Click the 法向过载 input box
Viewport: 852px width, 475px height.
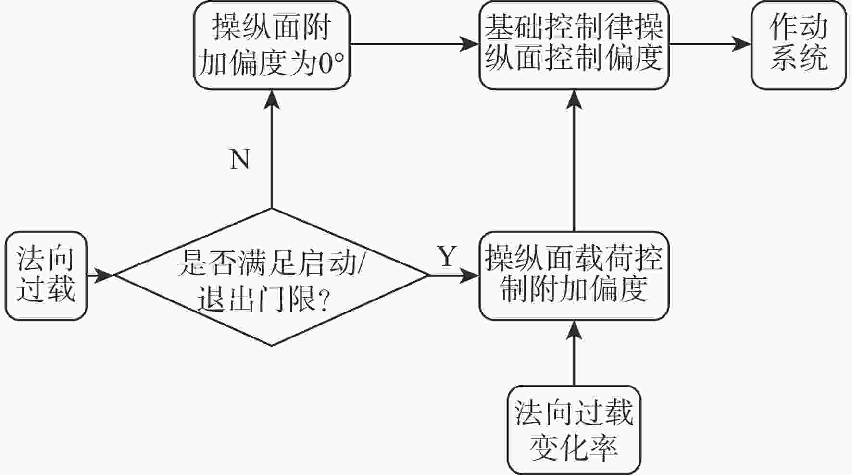[x=46, y=275]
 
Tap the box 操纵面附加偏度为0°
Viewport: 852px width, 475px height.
[x=272, y=45]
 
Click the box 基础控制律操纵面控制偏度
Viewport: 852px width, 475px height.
[x=574, y=45]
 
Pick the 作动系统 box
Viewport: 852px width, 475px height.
[x=799, y=45]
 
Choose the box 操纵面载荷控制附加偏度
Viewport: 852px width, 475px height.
[x=574, y=275]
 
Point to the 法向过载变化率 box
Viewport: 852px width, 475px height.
[x=574, y=430]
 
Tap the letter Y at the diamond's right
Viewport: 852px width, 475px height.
[x=447, y=256]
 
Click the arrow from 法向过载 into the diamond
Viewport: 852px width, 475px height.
[x=100, y=276]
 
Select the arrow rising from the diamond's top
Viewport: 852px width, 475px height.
[x=272, y=149]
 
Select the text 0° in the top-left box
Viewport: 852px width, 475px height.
[x=332, y=64]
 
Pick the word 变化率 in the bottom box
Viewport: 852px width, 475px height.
[x=574, y=447]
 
